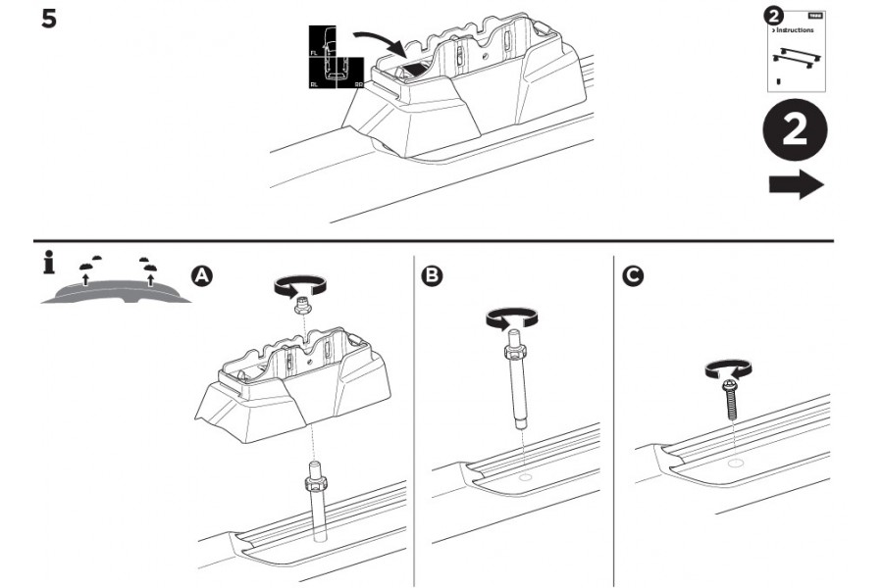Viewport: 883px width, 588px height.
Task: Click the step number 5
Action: point(48,18)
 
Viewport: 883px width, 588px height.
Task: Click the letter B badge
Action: point(431,276)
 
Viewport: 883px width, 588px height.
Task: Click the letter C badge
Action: point(634,276)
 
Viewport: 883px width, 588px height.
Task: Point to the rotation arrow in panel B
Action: point(509,318)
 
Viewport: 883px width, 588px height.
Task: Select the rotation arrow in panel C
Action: point(728,368)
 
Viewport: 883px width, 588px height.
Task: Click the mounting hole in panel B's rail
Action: point(525,479)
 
